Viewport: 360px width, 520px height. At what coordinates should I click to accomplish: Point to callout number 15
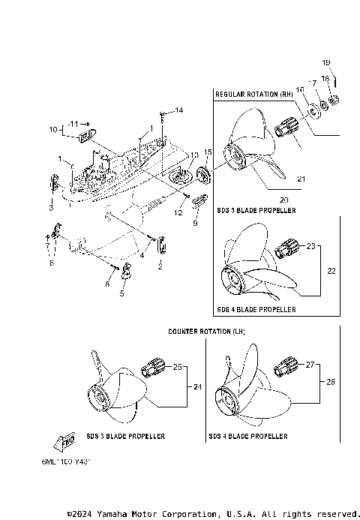point(208,153)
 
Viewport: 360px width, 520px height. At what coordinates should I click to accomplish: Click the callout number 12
point(178,213)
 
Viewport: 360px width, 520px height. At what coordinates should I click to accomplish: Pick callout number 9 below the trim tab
point(195,224)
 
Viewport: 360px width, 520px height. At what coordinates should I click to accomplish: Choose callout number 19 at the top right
point(326,62)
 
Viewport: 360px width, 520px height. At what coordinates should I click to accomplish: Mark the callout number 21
point(301,179)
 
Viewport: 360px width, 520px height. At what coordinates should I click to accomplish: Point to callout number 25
point(178,367)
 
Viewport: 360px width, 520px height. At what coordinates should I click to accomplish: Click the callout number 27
point(310,365)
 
